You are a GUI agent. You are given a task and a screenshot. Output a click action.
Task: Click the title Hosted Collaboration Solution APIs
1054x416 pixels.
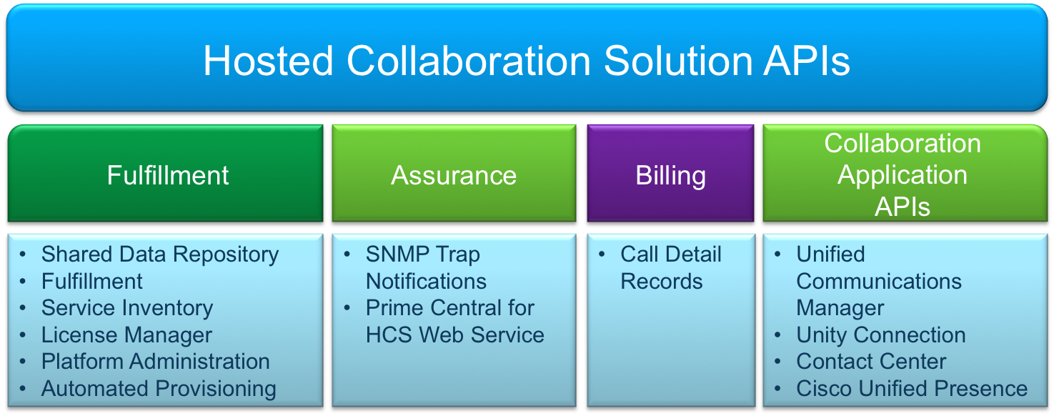coord(527,61)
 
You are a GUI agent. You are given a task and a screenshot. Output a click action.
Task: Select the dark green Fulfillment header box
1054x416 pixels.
coord(167,175)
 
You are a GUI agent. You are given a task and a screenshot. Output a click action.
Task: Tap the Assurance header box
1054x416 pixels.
coord(454,175)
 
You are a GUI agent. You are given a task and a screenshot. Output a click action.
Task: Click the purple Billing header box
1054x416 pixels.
coord(670,175)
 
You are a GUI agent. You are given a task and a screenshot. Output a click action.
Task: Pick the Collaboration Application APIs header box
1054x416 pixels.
coord(903,175)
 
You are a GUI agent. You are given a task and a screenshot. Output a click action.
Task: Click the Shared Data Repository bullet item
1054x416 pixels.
coord(159,254)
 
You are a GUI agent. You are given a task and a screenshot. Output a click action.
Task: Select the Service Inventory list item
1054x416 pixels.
coord(127,308)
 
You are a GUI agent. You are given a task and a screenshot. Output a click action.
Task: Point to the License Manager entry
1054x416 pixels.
coord(126,335)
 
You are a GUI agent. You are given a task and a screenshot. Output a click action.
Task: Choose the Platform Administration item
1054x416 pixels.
coord(155,362)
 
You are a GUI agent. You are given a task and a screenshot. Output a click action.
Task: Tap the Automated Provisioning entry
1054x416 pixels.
coord(159,389)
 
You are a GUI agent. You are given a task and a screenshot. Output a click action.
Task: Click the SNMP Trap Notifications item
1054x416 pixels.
coord(426,267)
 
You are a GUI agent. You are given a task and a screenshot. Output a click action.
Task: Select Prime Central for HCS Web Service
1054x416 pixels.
coord(454,322)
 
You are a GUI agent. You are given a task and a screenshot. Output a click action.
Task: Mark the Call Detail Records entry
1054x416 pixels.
coord(670,267)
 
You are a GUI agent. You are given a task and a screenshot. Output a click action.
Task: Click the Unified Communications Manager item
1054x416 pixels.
coord(878,281)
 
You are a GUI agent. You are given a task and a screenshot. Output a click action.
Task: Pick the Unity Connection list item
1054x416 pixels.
coord(880,335)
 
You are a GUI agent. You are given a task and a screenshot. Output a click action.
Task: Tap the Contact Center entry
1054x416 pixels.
coord(871,362)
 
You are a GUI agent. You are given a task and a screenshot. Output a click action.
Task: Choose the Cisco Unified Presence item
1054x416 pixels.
coord(912,389)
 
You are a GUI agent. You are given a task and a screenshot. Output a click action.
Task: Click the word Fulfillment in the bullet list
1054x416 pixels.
coord(92,282)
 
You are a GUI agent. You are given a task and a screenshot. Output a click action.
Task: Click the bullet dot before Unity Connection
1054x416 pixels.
coord(780,335)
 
